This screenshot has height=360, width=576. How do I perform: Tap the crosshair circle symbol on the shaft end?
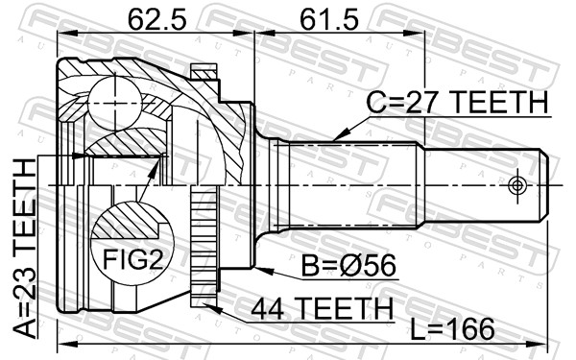point(517,184)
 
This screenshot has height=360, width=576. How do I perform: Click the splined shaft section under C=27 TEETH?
point(355,182)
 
